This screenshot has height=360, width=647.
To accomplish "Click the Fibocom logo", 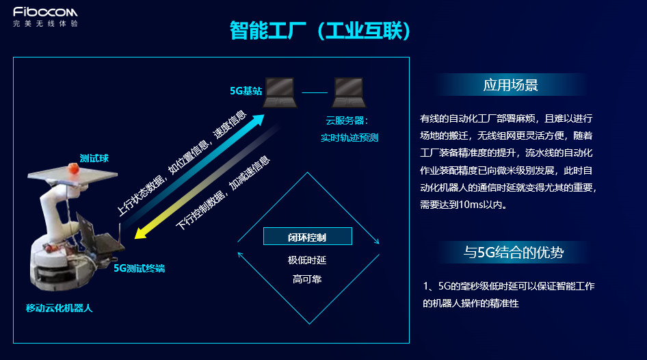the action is coord(45,17).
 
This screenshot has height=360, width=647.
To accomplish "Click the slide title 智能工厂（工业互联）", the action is coord(320,31).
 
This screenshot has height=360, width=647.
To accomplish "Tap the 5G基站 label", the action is coord(246,91).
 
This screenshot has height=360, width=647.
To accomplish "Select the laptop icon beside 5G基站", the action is coord(280,92).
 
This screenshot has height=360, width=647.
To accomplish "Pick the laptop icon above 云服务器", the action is coord(349,92).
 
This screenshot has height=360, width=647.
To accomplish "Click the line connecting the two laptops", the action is coord(315,92).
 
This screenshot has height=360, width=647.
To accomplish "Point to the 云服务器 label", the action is coord(347,120).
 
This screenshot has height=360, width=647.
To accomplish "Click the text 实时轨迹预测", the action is coord(349,138).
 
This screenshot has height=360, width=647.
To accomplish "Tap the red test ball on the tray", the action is coord(73,168).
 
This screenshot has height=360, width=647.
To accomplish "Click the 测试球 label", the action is coord(94,159).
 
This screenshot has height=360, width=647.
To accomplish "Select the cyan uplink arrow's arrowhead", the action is coord(257,120).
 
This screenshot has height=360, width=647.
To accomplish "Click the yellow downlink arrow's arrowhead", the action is coord(141,233).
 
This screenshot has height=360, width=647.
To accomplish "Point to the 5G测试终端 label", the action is coord(140,268).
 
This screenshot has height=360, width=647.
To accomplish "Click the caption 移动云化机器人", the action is coord(59,308).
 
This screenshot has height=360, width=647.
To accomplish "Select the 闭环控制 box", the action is coord(307,236).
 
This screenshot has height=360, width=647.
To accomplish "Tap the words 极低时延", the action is coord(307,260).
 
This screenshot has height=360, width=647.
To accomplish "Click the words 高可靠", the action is coord(307,279).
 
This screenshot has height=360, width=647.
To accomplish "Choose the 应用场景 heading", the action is coord(510,85).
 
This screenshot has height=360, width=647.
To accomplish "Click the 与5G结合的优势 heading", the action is coord(514,253).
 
